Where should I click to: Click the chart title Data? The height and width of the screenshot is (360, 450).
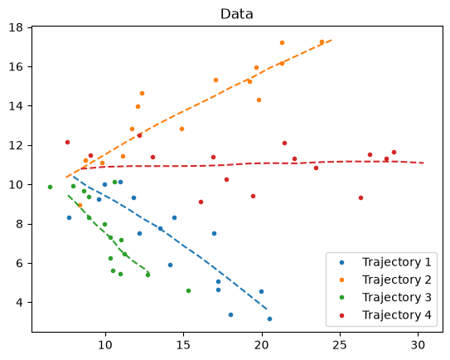coord(236,14)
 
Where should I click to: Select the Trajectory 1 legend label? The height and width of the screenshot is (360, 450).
coord(397,262)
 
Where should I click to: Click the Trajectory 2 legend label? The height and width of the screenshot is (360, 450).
coord(397,280)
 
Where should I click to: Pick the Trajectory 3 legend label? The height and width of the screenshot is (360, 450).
coord(397,297)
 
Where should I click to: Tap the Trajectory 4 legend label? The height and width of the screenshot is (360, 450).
coord(397,315)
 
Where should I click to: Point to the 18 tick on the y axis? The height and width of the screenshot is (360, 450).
coord(16,27)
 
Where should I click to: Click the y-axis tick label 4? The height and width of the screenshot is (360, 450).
coord(19,303)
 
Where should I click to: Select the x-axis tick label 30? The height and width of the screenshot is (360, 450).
coord(418,345)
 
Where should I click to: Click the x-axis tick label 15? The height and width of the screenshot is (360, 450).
coord(183,345)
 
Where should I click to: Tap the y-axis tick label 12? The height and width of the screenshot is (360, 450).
coord(16,145)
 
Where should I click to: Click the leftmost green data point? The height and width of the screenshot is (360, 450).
coord(51,187)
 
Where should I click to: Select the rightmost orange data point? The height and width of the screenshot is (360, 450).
coord(322,42)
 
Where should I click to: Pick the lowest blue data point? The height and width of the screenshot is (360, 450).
coord(270,319)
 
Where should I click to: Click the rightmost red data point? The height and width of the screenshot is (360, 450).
coord(394,153)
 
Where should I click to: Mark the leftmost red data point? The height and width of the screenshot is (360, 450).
coord(67,142)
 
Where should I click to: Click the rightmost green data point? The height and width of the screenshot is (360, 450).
coord(189,291)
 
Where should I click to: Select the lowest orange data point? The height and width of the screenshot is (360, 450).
coord(80,206)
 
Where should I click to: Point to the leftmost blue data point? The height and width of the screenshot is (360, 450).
coord(69,218)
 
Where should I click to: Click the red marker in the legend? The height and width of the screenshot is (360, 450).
coord(341,315)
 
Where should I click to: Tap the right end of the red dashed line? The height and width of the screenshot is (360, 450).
coord(423,163)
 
